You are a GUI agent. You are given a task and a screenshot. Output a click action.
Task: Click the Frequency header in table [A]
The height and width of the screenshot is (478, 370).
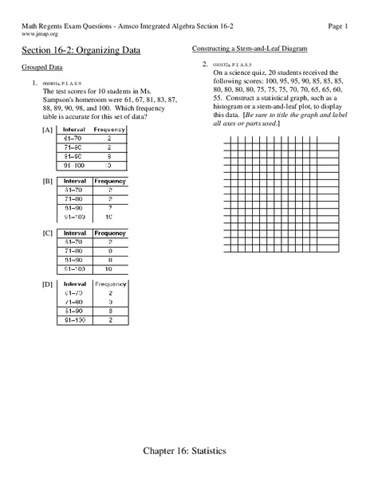pos(109,130)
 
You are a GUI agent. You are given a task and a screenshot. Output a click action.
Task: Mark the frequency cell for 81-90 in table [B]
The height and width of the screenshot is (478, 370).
pos(109,208)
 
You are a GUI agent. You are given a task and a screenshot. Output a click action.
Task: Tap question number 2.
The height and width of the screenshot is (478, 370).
pos(205,63)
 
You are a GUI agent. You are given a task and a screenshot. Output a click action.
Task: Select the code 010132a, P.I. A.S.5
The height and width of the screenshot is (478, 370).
pos(231,63)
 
